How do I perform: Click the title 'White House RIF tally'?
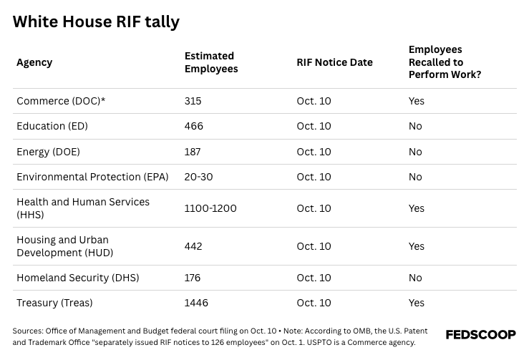coord(96,22)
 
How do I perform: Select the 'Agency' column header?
coord(34,62)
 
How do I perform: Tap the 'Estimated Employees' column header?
coord(210,62)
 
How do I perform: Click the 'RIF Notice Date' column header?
coord(334,62)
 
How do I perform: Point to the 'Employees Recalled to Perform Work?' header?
coord(445,62)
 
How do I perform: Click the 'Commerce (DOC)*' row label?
coord(61,101)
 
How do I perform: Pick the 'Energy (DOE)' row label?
coord(48,152)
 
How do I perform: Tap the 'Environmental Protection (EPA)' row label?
coord(92,177)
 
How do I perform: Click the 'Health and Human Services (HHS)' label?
coord(82,208)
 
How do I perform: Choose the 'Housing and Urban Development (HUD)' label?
coord(65,246)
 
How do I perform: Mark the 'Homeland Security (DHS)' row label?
coord(77,278)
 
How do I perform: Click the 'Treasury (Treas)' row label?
coord(54,303)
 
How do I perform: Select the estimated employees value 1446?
coord(196,303)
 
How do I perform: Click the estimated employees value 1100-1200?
coord(210,208)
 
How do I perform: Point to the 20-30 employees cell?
coord(198,177)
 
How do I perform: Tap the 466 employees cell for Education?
coord(193,126)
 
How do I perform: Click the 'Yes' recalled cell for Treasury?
coord(416,303)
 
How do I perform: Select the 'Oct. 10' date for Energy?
coord(314,152)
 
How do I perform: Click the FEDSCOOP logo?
coord(480,335)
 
